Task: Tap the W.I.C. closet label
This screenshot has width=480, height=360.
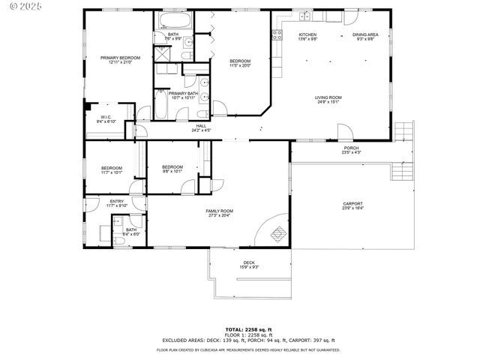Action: (x=105, y=117)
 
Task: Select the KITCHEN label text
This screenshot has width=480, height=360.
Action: (x=308, y=34)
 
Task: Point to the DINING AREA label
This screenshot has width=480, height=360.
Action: (x=365, y=34)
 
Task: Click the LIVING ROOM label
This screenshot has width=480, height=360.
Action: (x=328, y=97)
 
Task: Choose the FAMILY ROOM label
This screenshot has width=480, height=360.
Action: (x=220, y=211)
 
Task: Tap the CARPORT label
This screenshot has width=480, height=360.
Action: (x=352, y=204)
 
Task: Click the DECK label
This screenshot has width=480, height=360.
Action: (x=248, y=262)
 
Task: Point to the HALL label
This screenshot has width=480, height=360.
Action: (x=201, y=126)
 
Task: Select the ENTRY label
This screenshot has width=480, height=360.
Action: (x=117, y=201)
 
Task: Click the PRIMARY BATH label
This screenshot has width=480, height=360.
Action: (x=182, y=94)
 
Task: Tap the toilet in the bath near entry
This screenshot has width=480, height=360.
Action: (x=118, y=222)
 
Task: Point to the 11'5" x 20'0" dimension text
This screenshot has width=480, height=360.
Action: (x=240, y=66)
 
